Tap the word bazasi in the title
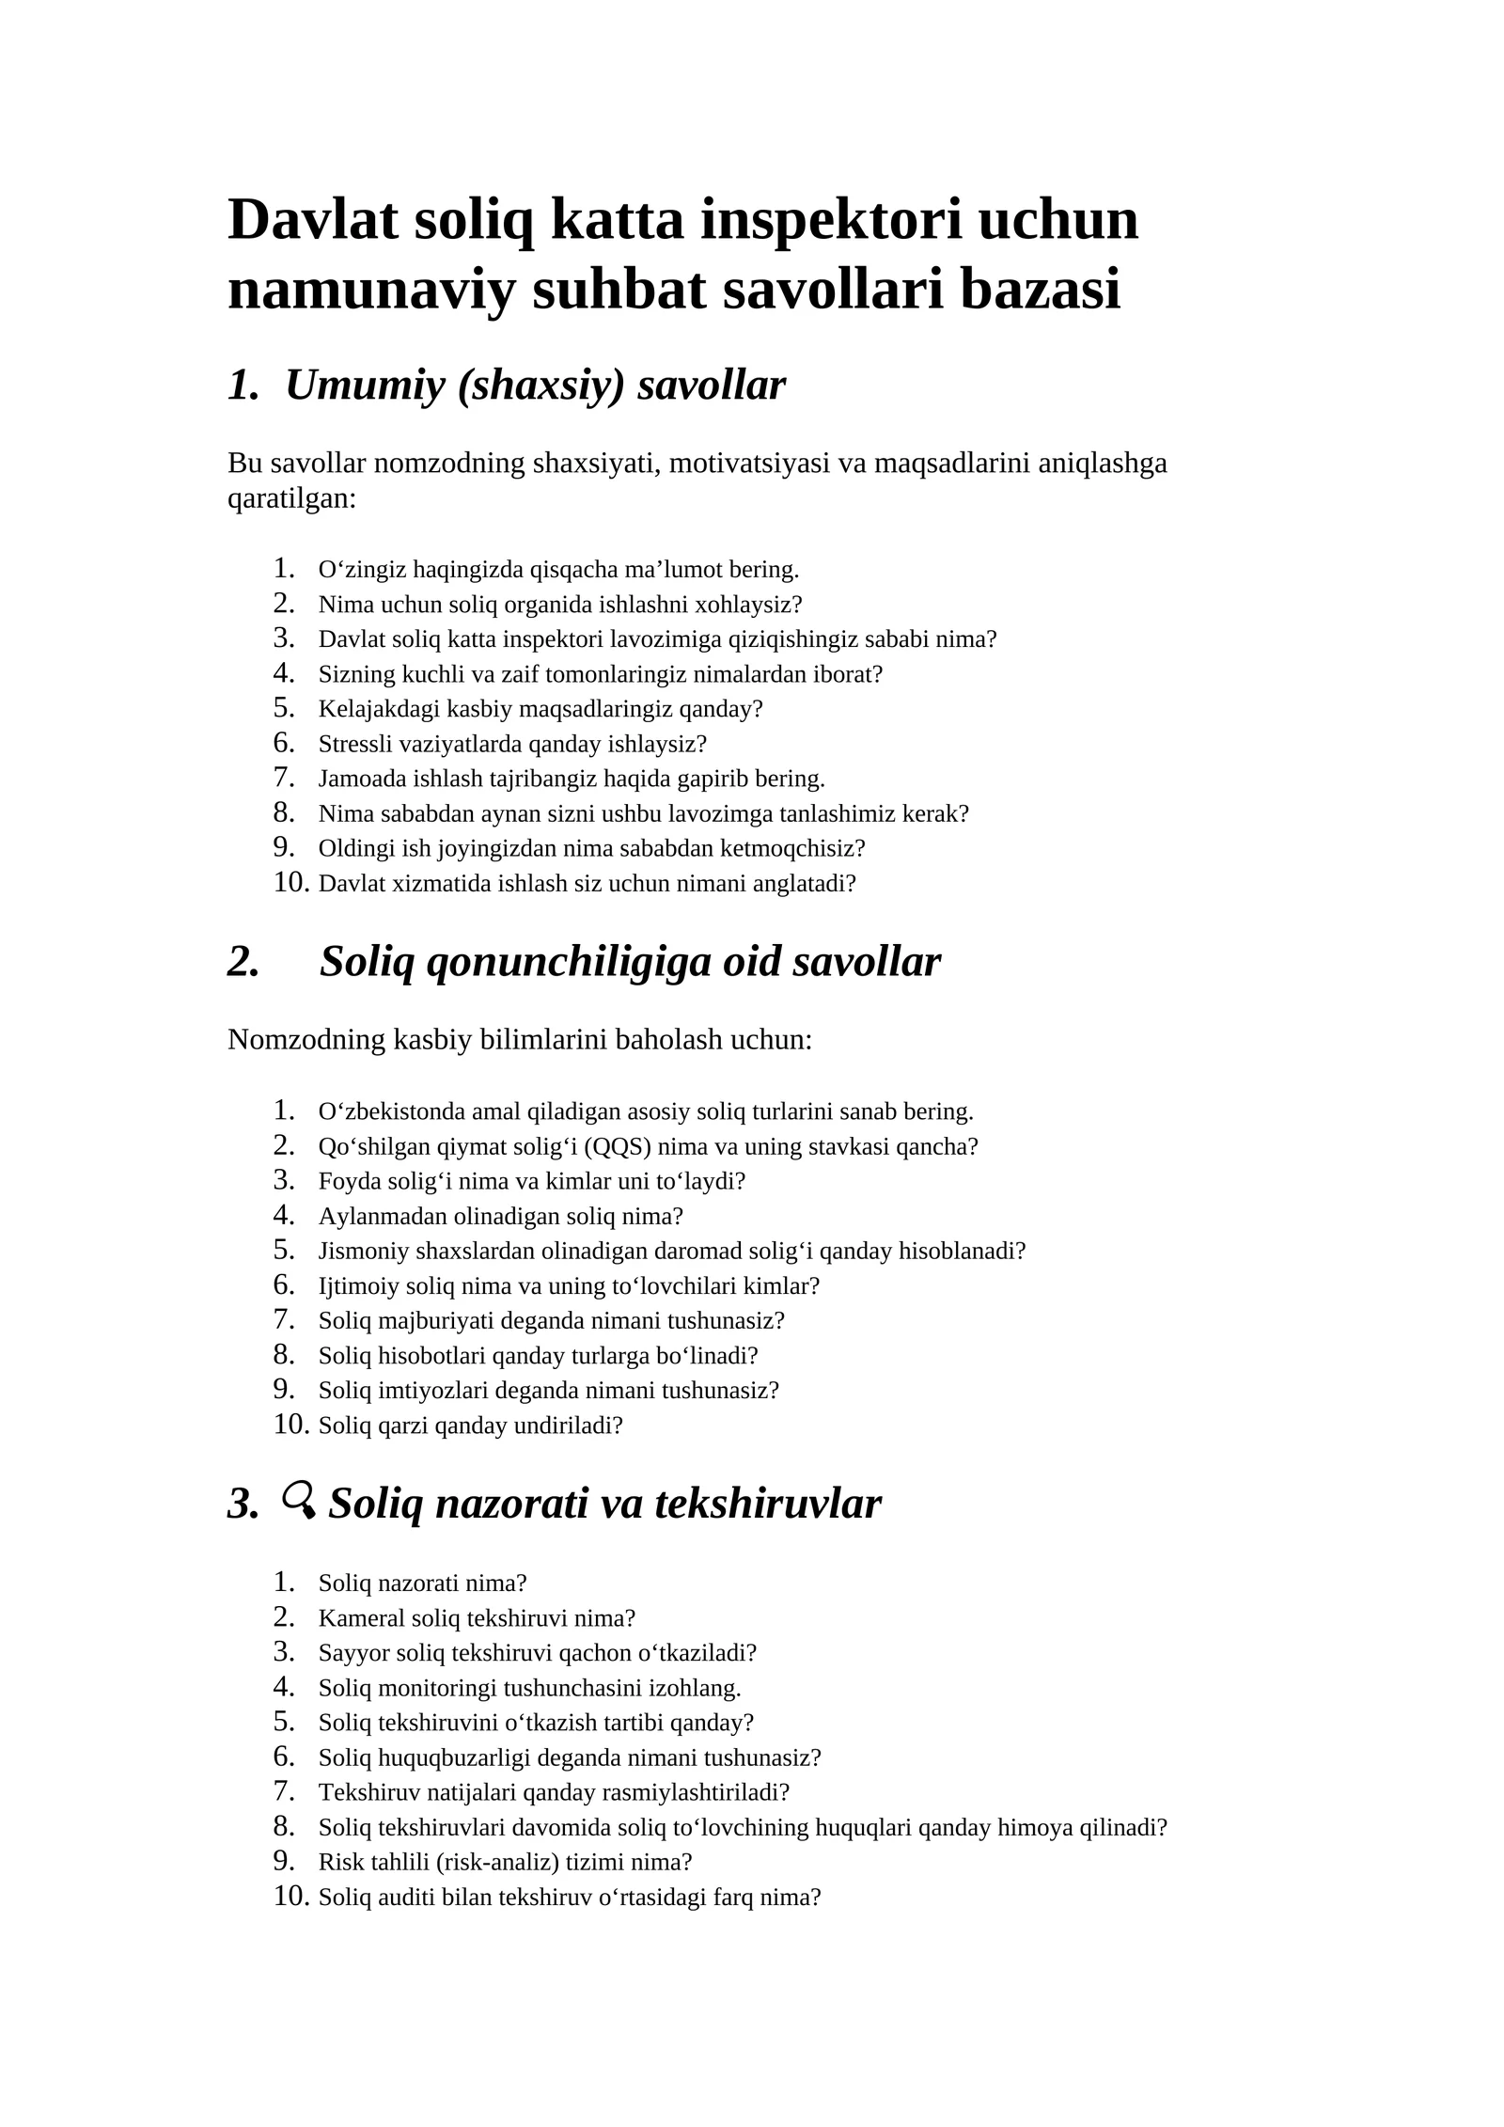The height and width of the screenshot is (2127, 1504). coord(1040,290)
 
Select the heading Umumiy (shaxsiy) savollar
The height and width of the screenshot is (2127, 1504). coord(535,385)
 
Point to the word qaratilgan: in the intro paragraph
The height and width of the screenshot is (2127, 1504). coord(292,498)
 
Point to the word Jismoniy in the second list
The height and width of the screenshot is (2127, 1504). coord(363,1252)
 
